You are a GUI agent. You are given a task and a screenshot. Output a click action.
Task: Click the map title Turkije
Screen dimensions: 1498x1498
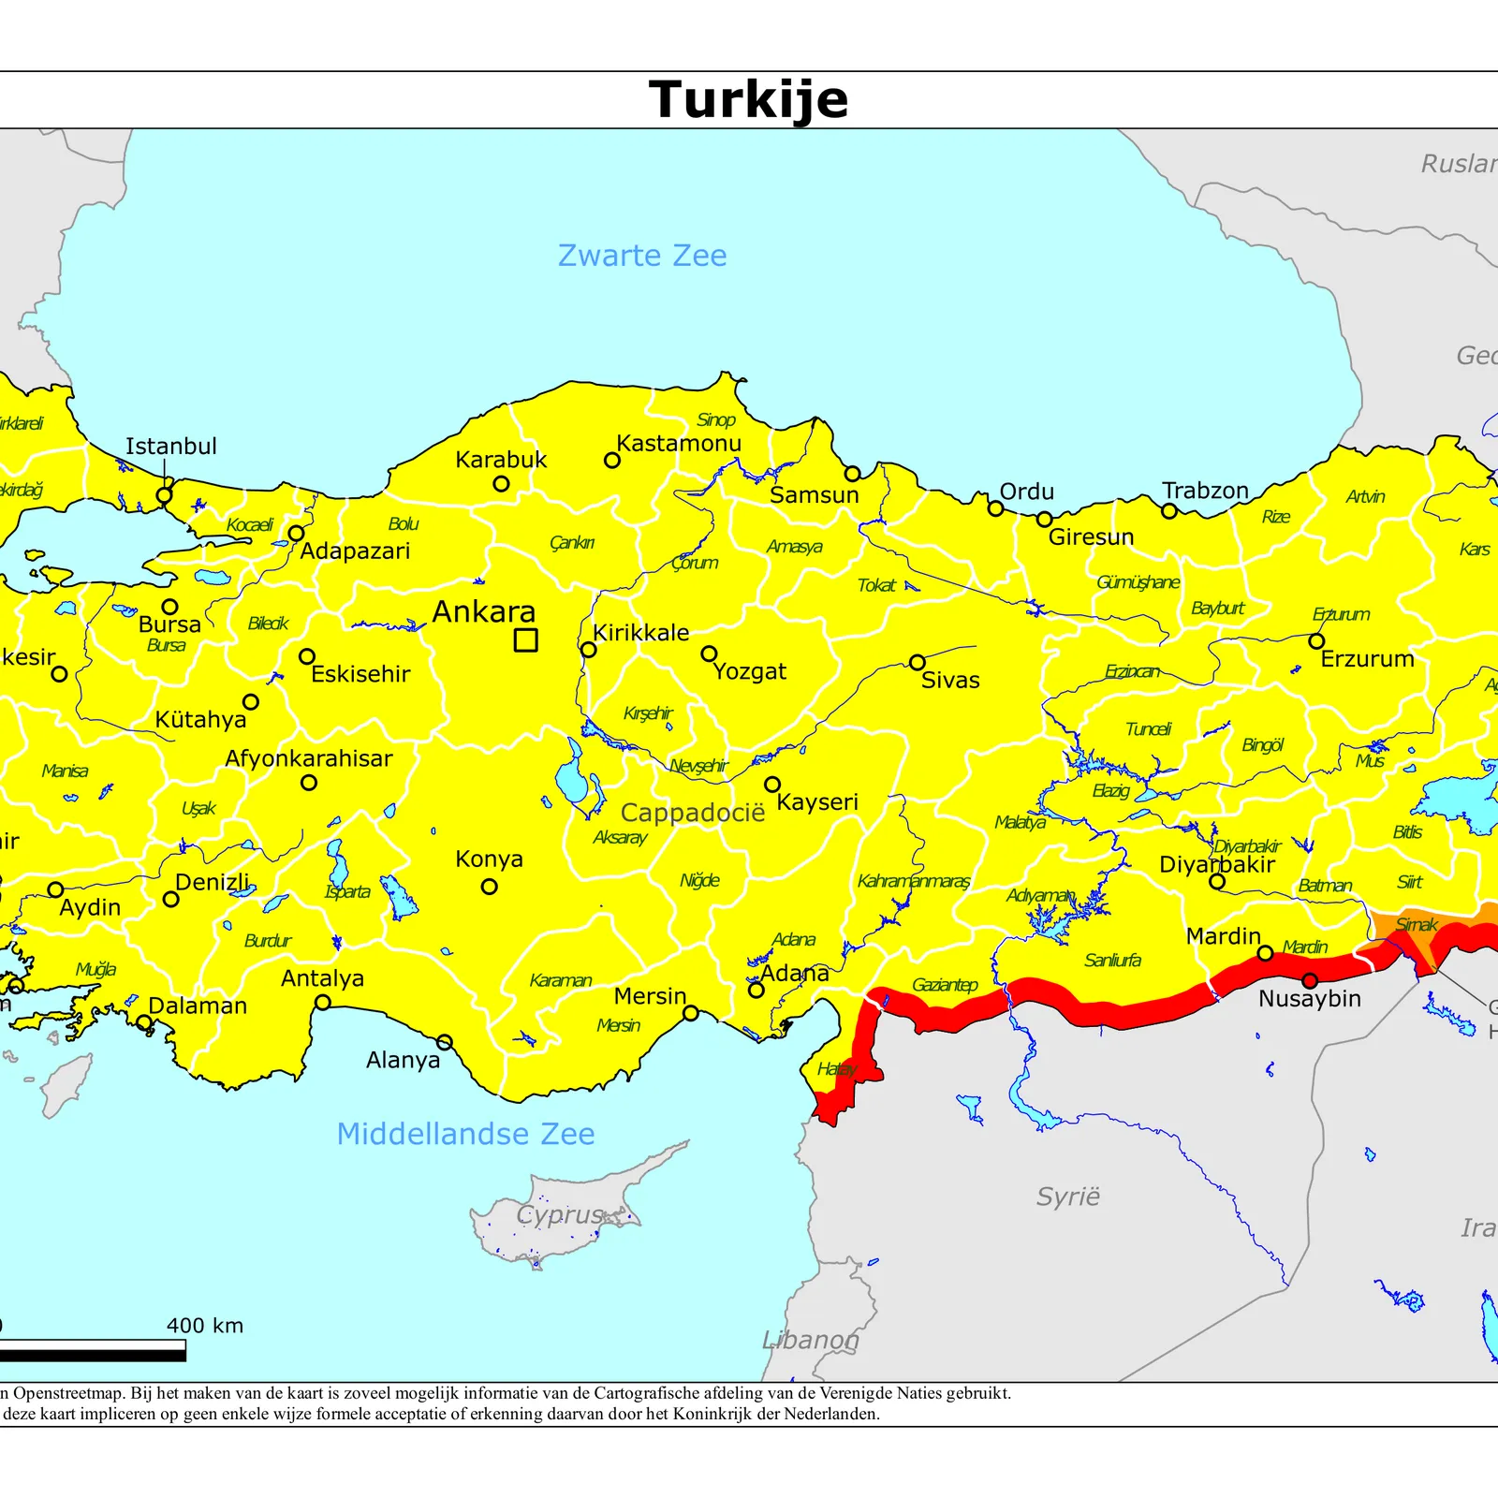pyautogui.click(x=748, y=99)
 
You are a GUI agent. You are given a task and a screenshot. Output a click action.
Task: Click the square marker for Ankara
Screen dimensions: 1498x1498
pyautogui.click(x=526, y=640)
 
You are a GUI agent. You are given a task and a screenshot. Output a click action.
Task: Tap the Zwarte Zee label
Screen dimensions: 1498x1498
pyautogui.click(x=642, y=256)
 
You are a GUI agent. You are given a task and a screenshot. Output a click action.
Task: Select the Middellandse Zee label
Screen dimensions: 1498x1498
pyautogui.click(x=465, y=1134)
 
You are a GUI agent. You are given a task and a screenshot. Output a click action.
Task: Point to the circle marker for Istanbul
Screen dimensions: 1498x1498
pyautogui.click(x=164, y=495)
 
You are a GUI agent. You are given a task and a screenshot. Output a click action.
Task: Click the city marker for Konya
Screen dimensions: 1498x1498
pyautogui.click(x=489, y=887)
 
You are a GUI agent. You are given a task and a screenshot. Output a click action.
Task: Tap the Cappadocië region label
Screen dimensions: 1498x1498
pyautogui.click(x=692, y=813)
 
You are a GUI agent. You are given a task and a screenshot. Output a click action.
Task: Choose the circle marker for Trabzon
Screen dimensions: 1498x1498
pyautogui.click(x=1169, y=511)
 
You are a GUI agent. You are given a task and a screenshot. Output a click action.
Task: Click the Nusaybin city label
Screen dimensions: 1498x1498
pyautogui.click(x=1309, y=999)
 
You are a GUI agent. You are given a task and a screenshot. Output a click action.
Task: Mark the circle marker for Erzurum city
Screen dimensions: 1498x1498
pyautogui.click(x=1316, y=641)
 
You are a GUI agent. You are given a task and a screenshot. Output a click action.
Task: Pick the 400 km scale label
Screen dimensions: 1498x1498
pyautogui.click(x=205, y=1326)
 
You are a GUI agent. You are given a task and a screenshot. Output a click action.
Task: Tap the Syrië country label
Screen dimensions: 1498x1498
pyautogui.click(x=1067, y=1197)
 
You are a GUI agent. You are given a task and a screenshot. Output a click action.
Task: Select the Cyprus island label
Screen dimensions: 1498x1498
pyautogui.click(x=560, y=1214)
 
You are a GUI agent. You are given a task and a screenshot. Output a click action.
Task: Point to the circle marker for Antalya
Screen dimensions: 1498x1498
pyautogui.click(x=322, y=1003)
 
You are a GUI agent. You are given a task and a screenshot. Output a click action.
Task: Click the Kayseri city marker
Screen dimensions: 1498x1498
pyautogui.click(x=772, y=785)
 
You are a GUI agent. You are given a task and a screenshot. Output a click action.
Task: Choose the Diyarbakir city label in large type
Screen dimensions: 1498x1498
pyautogui.click(x=1216, y=864)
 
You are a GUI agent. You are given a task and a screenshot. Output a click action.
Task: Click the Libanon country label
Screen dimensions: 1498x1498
pyautogui.click(x=810, y=1340)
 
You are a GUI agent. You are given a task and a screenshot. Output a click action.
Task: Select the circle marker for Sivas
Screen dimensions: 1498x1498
pyautogui.click(x=918, y=663)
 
